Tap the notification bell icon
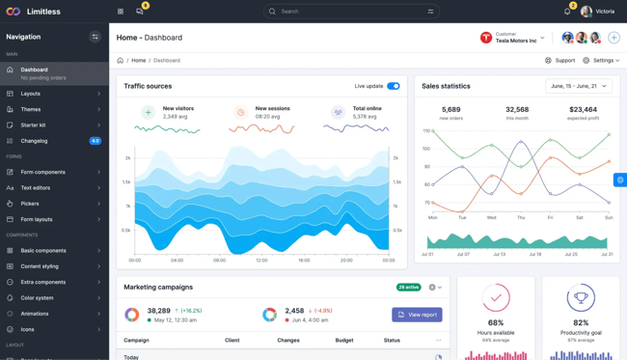click(x=567, y=12)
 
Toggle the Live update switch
click(x=394, y=86)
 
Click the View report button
click(x=418, y=315)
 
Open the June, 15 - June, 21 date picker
click(x=580, y=86)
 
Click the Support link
click(x=559, y=61)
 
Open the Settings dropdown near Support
click(x=602, y=61)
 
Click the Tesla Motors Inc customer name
click(x=516, y=41)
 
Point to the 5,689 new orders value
click(x=450, y=110)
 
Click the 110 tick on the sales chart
click(x=426, y=130)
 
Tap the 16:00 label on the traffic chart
click(x=305, y=261)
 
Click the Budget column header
click(x=344, y=340)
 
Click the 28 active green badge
click(x=408, y=287)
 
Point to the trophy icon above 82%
click(x=581, y=297)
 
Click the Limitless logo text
click(x=44, y=12)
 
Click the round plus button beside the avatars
click(x=613, y=38)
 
